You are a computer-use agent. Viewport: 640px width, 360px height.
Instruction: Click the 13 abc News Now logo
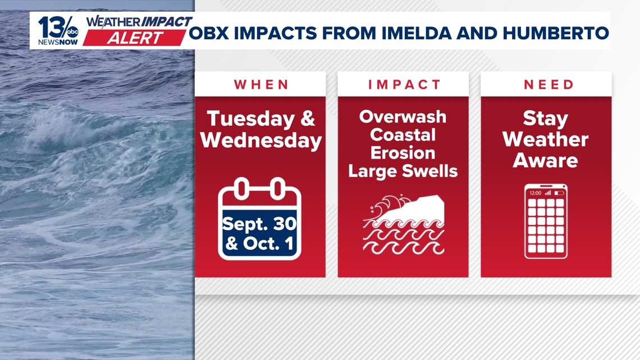(x=58, y=31)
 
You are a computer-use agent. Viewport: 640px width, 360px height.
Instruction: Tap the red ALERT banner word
(x=135, y=38)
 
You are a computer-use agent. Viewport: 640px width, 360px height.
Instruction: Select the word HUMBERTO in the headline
(x=556, y=33)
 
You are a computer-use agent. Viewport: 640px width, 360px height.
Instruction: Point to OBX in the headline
(x=209, y=33)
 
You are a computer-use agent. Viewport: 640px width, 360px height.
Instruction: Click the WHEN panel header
(x=261, y=84)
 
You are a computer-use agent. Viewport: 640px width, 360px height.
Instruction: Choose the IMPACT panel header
(x=404, y=84)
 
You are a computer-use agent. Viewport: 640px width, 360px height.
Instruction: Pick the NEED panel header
(x=549, y=84)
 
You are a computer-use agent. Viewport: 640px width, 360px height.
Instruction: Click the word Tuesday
(x=251, y=119)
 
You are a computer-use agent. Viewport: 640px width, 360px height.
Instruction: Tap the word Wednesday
(x=261, y=140)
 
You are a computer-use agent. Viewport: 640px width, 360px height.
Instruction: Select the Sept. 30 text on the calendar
(x=259, y=224)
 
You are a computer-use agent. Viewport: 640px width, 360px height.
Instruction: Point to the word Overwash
(x=403, y=117)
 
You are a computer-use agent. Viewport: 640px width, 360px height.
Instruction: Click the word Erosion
(x=403, y=153)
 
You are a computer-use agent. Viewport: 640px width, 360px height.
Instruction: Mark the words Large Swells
(x=403, y=171)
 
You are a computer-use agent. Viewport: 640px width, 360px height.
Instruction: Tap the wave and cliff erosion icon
(x=403, y=225)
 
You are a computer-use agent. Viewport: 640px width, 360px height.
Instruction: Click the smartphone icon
(x=546, y=221)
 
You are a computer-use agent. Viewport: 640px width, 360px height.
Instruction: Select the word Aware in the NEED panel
(x=545, y=161)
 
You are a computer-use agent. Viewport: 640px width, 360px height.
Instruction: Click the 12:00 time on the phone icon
(x=535, y=193)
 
